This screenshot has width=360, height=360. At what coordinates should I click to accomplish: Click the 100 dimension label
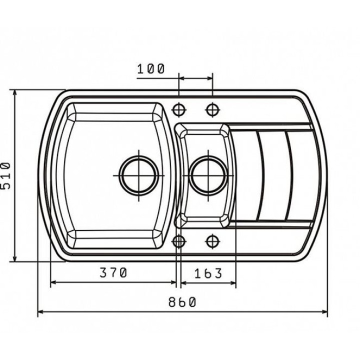click(x=151, y=68)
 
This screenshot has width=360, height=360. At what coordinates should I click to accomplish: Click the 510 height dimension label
click(x=5, y=175)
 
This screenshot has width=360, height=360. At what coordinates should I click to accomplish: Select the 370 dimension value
click(x=113, y=273)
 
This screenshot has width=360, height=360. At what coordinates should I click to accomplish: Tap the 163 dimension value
click(x=208, y=273)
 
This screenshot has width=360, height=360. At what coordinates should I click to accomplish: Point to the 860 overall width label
click(x=182, y=302)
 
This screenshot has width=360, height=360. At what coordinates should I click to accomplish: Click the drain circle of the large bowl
click(x=138, y=175)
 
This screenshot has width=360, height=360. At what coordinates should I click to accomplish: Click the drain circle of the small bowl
click(x=208, y=175)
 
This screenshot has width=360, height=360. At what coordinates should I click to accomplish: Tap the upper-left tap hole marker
click(x=179, y=109)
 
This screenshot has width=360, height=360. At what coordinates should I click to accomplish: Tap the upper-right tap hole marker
click(x=212, y=109)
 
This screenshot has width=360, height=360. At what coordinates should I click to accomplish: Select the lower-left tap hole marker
click(x=179, y=241)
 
